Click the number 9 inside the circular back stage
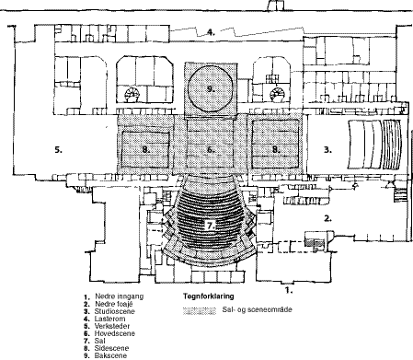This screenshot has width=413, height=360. coord(210,89)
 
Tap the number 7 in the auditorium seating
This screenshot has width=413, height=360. coord(210,224)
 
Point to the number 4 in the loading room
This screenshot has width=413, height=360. coord(211,33)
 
